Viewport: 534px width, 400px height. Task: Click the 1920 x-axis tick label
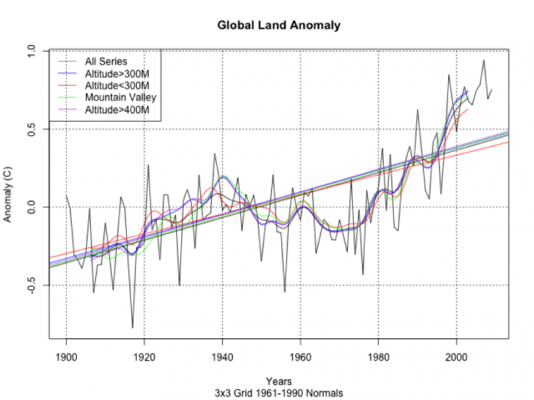(144, 359)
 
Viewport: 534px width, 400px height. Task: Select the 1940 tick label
(222, 359)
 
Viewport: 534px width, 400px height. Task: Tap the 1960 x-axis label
(300, 359)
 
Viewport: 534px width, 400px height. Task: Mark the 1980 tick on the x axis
(378, 359)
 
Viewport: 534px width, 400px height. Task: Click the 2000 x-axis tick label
(456, 359)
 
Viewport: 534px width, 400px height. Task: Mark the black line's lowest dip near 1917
(132, 327)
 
